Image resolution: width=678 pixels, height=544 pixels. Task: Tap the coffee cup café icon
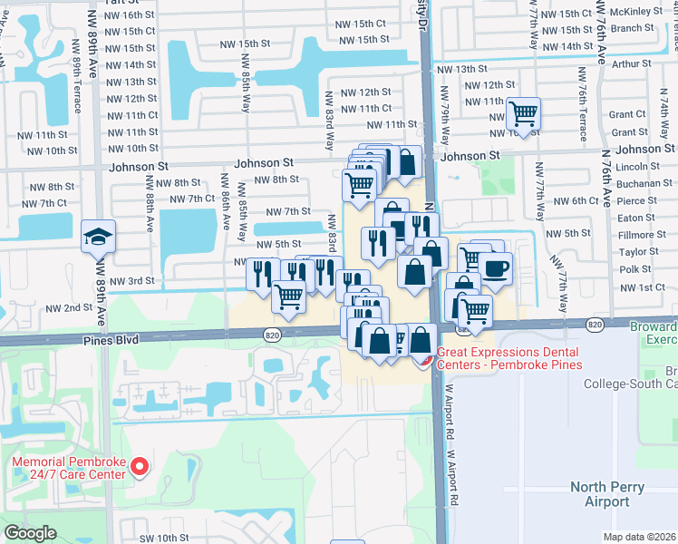tap(495, 268)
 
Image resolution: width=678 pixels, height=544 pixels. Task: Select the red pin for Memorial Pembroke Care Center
tap(140, 467)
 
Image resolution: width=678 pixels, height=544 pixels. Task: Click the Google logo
tap(31, 532)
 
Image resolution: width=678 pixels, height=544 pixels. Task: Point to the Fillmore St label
tap(642, 235)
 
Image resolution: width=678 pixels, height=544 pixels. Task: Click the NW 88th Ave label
tap(149, 206)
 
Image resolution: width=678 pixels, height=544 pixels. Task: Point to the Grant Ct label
tap(627, 114)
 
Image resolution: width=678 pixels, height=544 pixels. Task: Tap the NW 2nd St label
tap(70, 308)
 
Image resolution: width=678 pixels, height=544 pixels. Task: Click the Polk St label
tap(635, 269)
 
